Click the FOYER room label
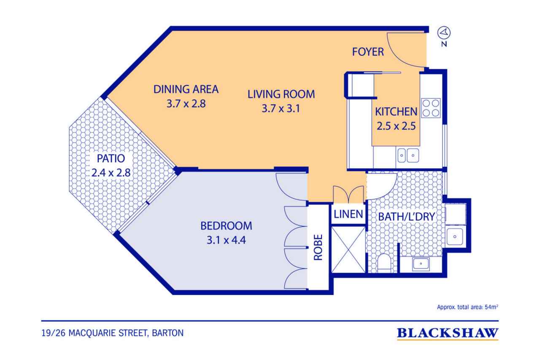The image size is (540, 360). (x=368, y=52)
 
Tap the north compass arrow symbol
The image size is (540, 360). (x=444, y=32)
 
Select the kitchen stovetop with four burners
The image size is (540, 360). (x=431, y=108)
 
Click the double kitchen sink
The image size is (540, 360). (x=408, y=155)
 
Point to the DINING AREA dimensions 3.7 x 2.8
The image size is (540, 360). (x=186, y=104)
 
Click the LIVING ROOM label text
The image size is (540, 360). (x=281, y=94)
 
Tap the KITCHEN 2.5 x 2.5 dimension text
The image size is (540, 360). (x=396, y=126)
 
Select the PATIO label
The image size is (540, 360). (x=111, y=158)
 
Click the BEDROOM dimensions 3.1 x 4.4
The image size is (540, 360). (x=227, y=240)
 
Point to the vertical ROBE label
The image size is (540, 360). (x=318, y=247)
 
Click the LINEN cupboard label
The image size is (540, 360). (x=348, y=214)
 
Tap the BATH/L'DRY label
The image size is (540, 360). (x=407, y=217)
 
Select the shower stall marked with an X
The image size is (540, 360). (x=348, y=249)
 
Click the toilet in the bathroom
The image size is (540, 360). (x=384, y=263)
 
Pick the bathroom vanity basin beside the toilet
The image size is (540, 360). (x=421, y=264)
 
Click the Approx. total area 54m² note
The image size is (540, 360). (x=467, y=307)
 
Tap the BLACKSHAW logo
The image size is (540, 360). (x=448, y=333)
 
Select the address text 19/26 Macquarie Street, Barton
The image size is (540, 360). (x=113, y=333)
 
